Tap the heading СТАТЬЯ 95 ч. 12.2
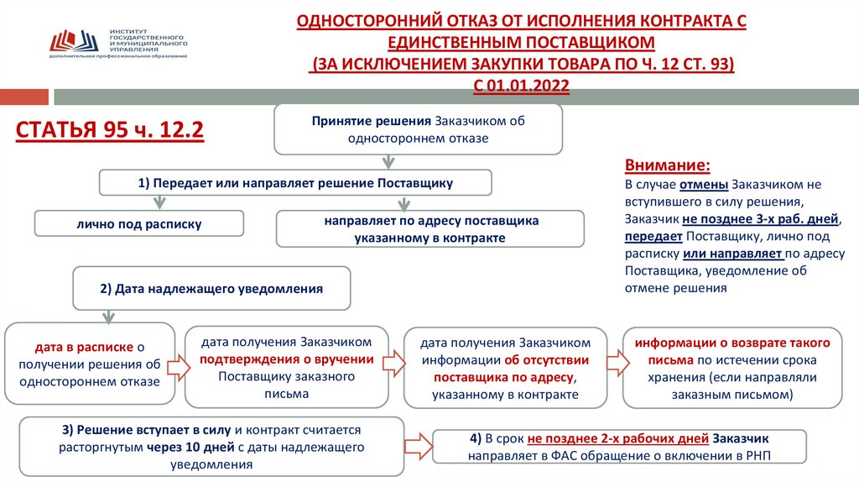point(111,132)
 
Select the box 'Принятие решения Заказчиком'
point(418,129)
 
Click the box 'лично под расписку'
point(138,223)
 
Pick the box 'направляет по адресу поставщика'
point(429,229)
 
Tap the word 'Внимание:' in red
point(668,165)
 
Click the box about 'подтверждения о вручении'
point(286,368)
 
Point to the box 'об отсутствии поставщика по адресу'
point(505,368)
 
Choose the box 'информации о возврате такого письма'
point(731,368)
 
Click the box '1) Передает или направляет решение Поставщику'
point(295,182)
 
